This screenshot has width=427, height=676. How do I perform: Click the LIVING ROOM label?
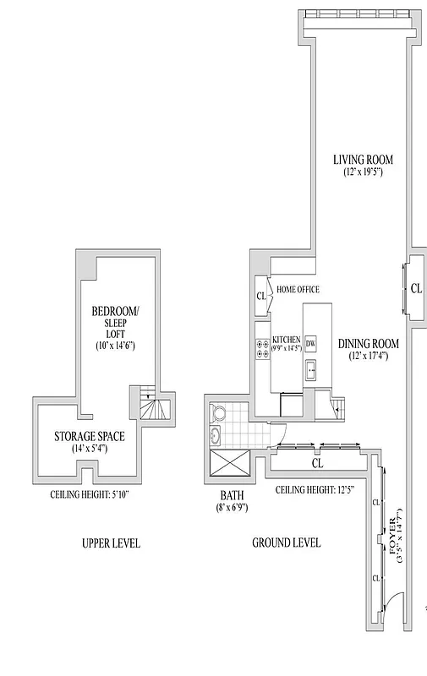point(363,160)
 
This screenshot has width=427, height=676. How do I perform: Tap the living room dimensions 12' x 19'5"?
point(363,172)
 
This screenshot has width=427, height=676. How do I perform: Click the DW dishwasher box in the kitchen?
point(310,343)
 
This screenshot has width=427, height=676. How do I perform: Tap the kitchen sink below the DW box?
point(310,368)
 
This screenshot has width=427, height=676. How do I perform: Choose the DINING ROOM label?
point(368,344)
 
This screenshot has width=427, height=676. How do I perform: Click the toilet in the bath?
point(219,413)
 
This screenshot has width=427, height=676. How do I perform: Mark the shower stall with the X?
point(228,466)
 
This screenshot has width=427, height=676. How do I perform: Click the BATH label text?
point(232,497)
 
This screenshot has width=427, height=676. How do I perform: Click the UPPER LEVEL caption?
point(111,543)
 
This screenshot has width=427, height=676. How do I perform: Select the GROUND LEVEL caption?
point(286,543)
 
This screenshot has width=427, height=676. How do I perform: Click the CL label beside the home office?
point(260,297)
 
